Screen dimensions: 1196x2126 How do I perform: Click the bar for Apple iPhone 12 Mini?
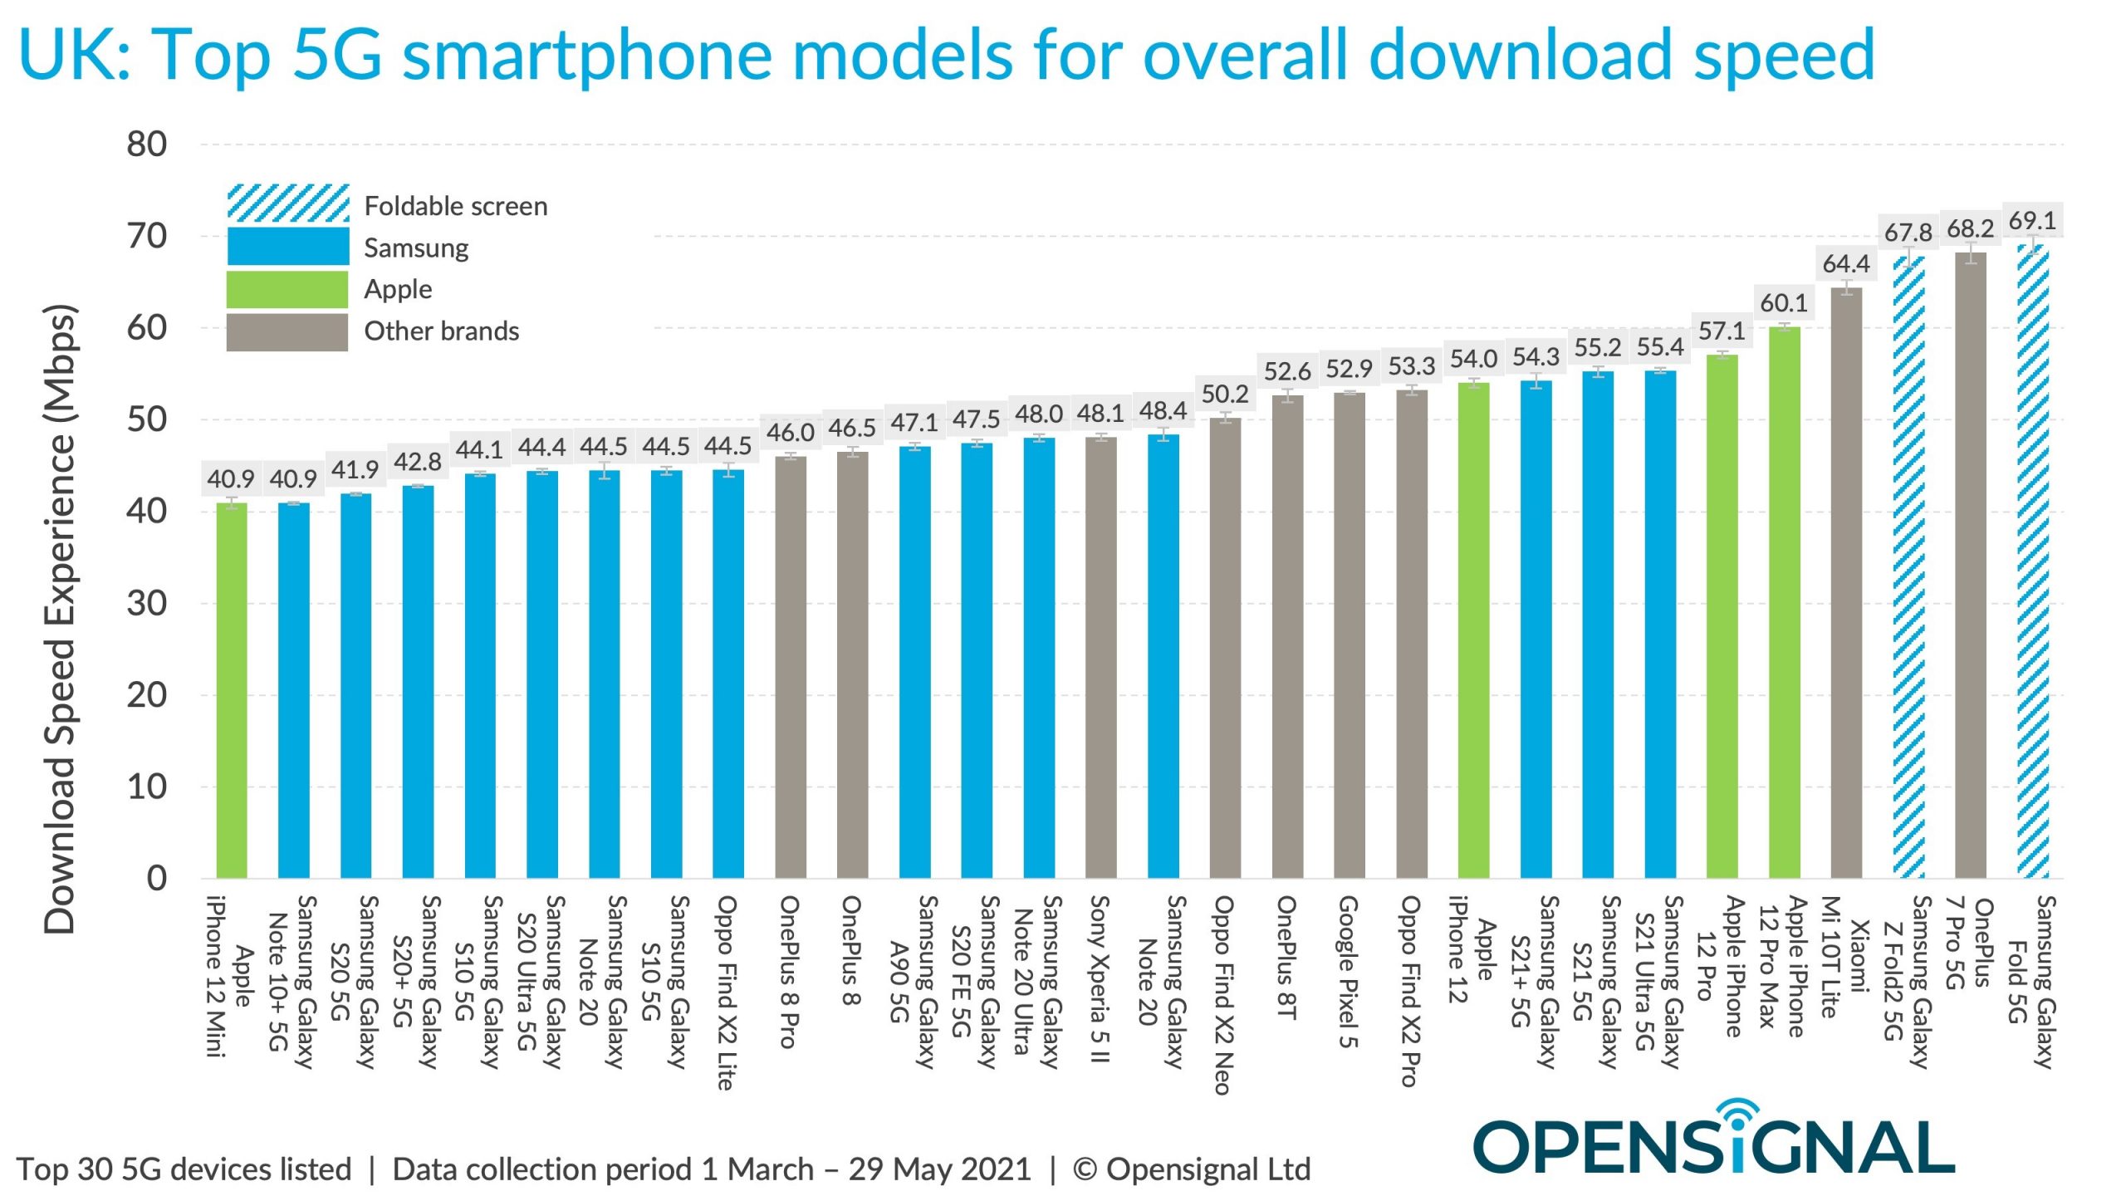tap(232, 689)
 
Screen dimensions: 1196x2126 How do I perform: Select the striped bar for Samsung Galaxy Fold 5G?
tap(2032, 565)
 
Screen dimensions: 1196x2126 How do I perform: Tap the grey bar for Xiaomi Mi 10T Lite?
tap(1846, 581)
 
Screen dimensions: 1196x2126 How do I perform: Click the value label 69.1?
tap(2032, 221)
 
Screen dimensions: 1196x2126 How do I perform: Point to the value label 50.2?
tap(1225, 394)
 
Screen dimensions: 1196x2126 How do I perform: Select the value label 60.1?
tap(1784, 303)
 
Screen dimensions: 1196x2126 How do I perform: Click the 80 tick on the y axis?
tap(147, 145)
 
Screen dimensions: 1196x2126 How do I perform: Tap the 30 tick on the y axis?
tap(147, 604)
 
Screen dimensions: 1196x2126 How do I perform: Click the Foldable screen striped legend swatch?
tap(288, 203)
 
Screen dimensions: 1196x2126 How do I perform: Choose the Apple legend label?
tap(398, 289)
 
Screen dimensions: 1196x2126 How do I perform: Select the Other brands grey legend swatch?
tap(287, 331)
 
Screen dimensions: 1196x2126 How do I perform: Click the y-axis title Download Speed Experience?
tap(60, 619)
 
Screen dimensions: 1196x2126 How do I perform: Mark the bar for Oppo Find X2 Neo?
tap(1225, 648)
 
